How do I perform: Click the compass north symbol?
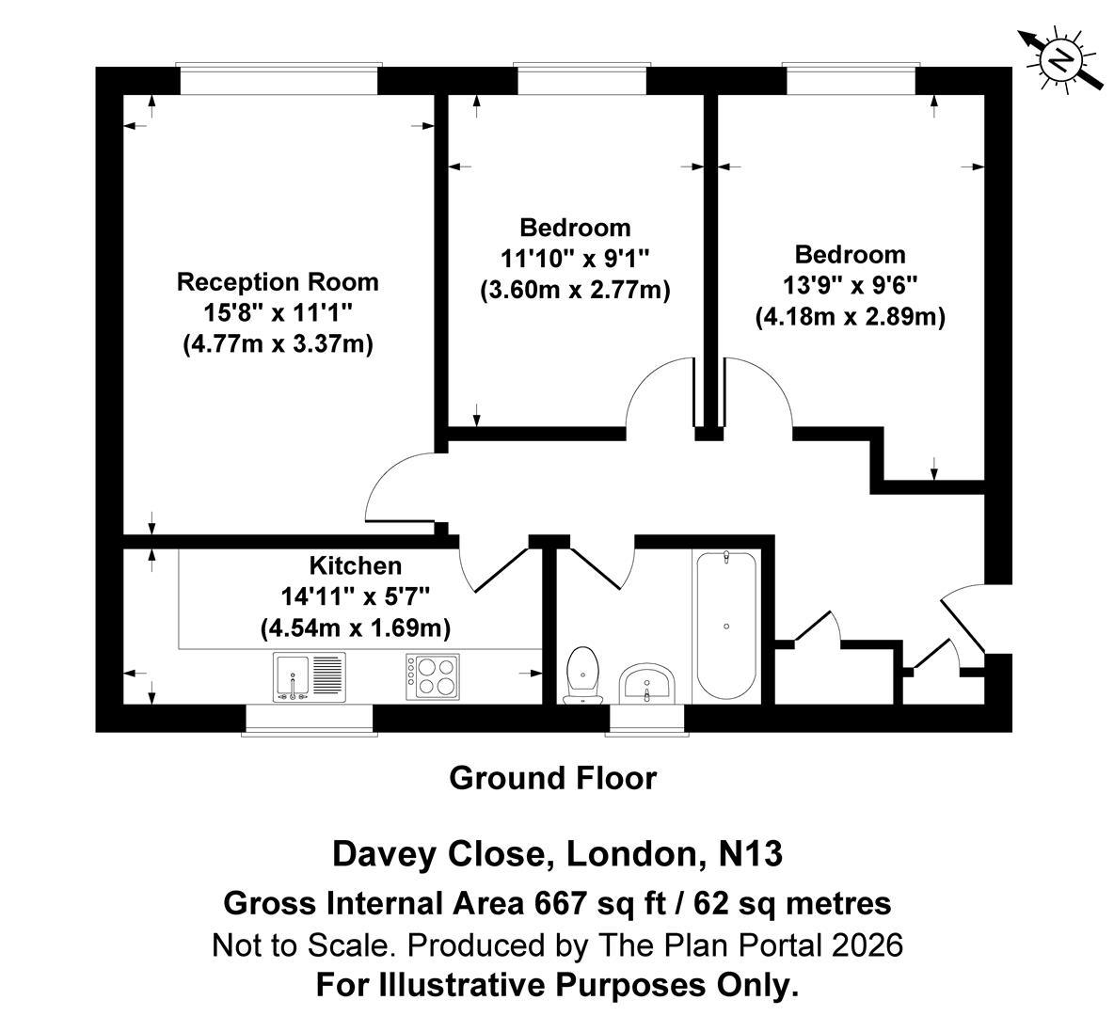[1061, 61]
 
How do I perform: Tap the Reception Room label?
[278, 282]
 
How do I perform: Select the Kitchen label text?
[355, 565]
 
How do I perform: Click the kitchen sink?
[310, 676]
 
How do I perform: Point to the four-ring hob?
[433, 676]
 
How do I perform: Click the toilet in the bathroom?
[583, 675]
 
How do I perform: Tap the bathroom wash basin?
[646, 683]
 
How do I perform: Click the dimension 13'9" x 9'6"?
[850, 286]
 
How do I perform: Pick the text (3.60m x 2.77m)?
[575, 291]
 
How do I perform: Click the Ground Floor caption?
[552, 779]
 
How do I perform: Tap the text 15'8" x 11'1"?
[278, 313]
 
